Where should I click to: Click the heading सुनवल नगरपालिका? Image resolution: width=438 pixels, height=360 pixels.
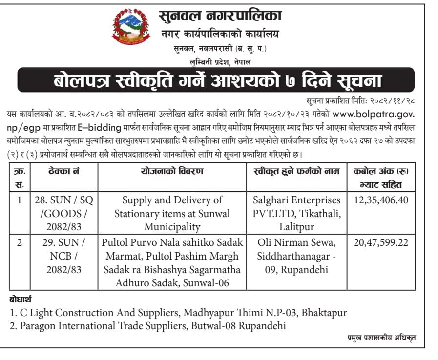[x=220, y=17]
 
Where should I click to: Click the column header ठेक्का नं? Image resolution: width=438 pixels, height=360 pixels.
[x=64, y=171]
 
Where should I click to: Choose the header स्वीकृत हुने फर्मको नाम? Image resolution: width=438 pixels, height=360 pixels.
[x=296, y=171]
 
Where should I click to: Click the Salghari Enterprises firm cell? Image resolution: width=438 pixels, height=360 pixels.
[x=296, y=213]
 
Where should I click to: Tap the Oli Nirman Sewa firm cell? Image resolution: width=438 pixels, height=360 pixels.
[x=296, y=256]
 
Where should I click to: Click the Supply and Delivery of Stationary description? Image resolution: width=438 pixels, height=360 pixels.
[x=172, y=213]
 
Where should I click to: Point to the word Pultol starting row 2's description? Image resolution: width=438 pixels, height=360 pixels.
[x=116, y=242]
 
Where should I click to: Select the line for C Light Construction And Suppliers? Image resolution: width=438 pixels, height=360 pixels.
[x=178, y=312]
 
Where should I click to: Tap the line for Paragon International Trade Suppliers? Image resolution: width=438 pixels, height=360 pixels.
[x=147, y=326]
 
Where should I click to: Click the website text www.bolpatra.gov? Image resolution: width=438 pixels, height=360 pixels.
[x=375, y=114]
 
